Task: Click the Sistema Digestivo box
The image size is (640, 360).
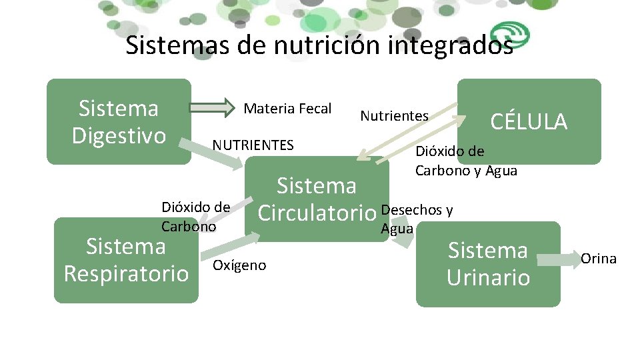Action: coord(119,121)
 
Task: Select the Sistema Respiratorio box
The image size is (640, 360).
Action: coord(126,260)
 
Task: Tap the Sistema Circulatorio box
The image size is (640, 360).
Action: coord(317,199)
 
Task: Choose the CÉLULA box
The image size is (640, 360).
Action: coord(529,121)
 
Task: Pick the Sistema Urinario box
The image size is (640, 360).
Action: coord(488,264)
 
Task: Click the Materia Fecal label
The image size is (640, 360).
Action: coord(287,109)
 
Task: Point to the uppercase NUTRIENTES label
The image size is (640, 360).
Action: coord(253,145)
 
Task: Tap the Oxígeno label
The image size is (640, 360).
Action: coord(239,265)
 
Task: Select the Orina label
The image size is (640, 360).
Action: coord(599,259)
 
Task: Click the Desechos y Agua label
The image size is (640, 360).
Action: coord(416,219)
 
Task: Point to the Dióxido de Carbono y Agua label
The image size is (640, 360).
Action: coord(465,161)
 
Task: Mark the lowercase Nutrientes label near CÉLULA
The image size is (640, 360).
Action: coord(394,116)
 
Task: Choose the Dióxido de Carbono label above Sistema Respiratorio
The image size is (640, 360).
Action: coord(195,217)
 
